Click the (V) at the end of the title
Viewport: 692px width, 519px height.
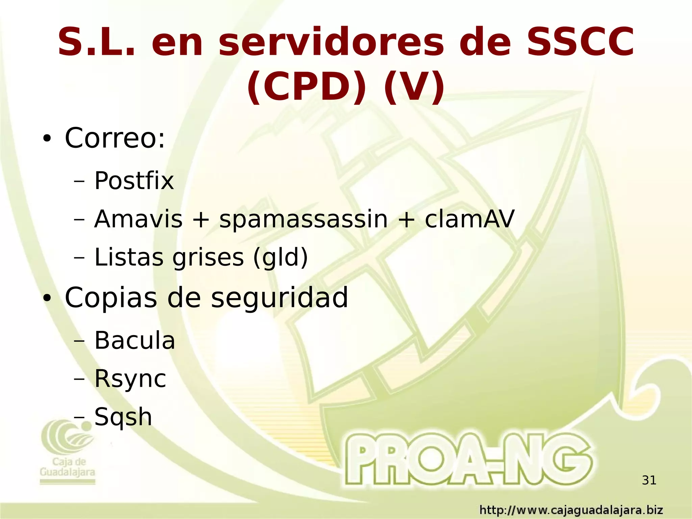[414, 87]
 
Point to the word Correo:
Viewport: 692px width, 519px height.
[115, 138]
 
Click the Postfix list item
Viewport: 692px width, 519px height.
[134, 181]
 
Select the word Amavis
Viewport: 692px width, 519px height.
[138, 219]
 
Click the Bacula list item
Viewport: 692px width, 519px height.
[134, 340]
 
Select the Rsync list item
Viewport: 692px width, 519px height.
[130, 379]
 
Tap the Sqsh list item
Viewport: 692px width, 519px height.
[123, 417]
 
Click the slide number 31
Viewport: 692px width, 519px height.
[649, 480]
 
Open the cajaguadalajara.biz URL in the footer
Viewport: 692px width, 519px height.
[571, 510]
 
